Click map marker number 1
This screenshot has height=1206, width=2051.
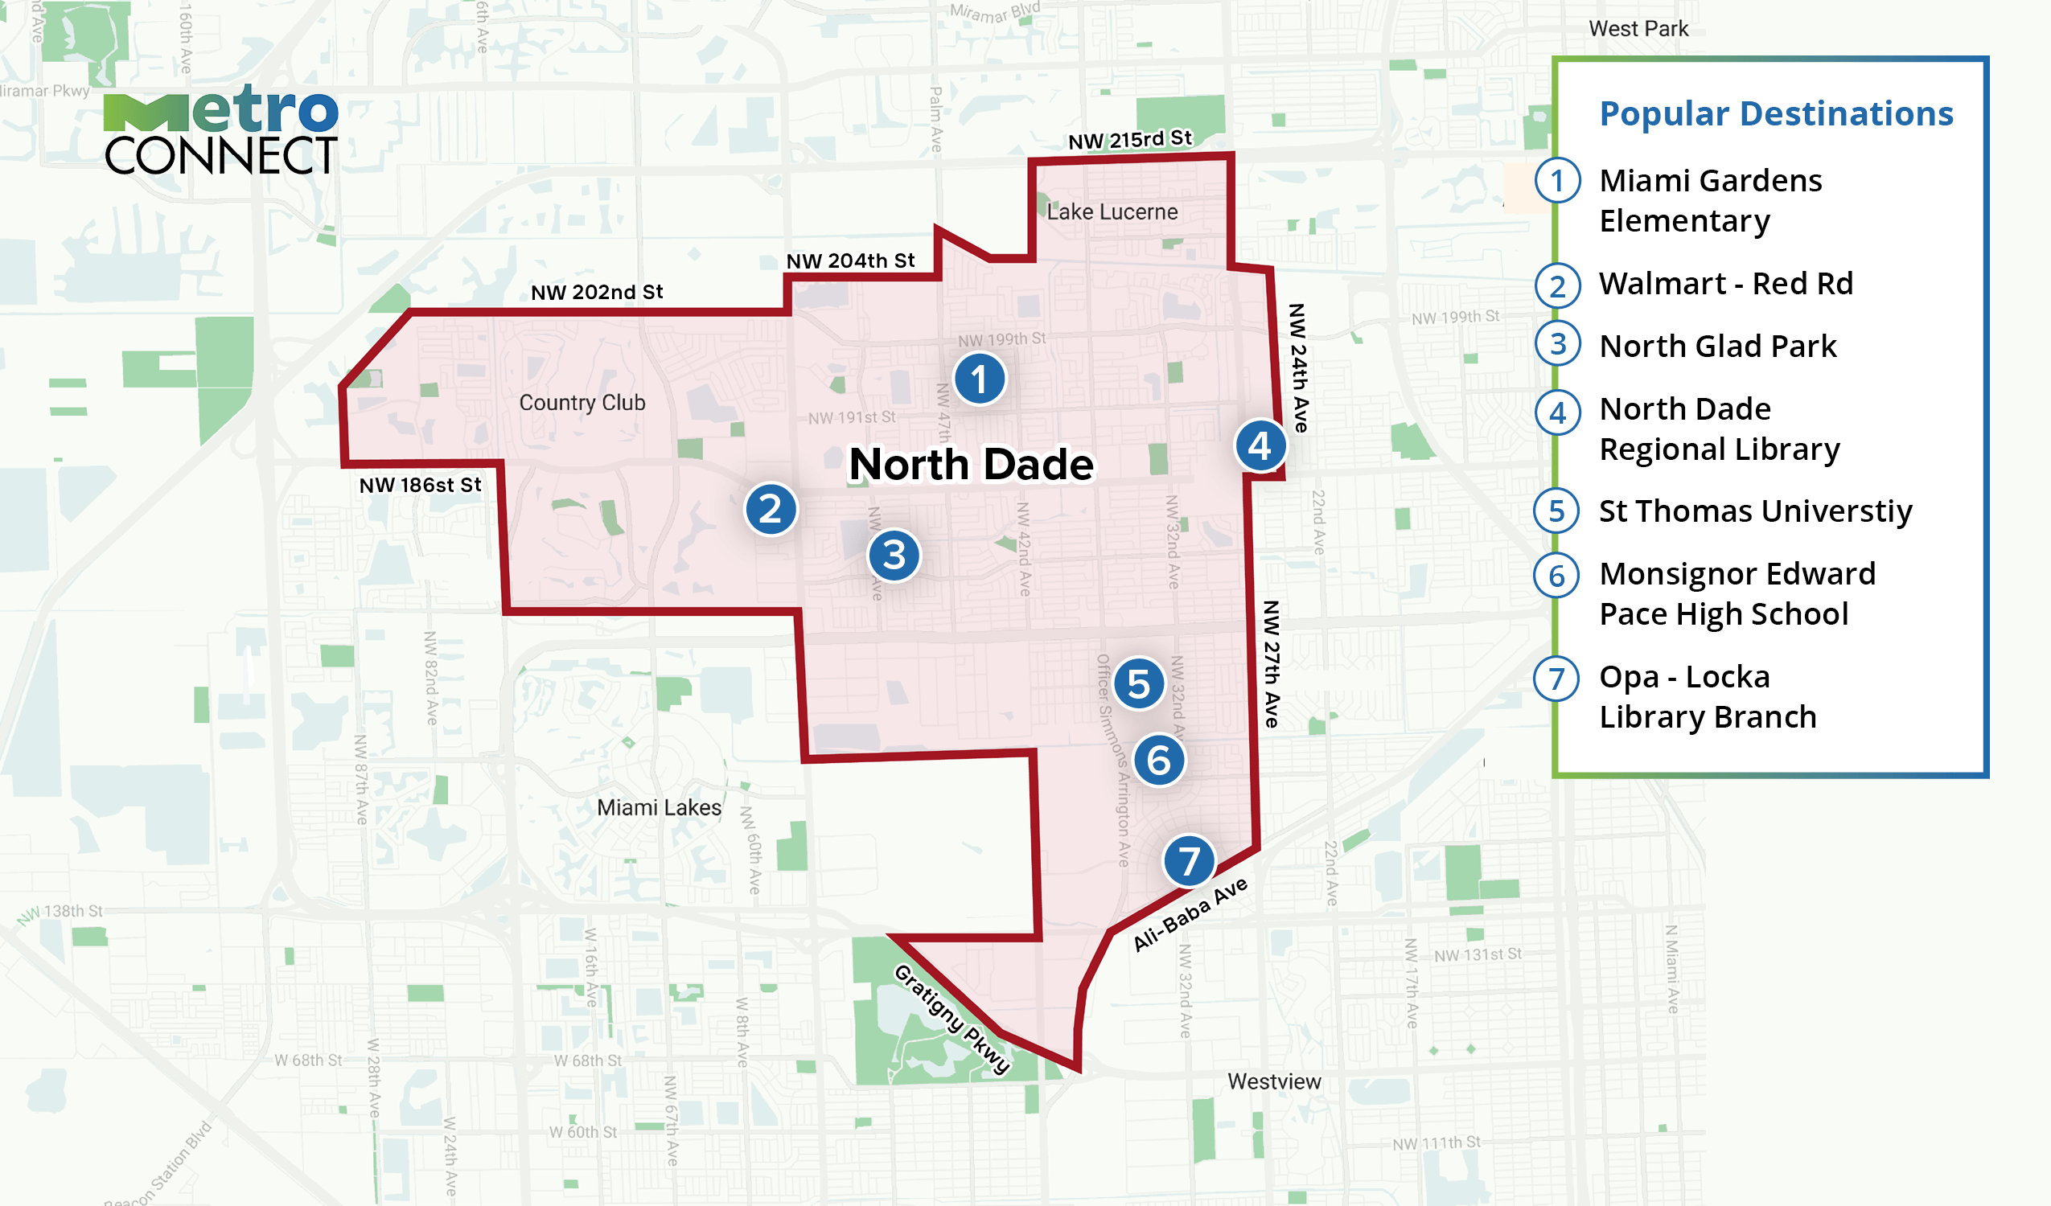coord(979,379)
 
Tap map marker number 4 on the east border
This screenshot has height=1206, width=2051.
coord(1260,446)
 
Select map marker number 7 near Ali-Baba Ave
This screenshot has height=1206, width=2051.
coord(1189,861)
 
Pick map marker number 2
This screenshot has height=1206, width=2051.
coord(771,511)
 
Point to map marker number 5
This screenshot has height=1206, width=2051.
coord(1139,684)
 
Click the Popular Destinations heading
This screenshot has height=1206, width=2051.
coord(1776,114)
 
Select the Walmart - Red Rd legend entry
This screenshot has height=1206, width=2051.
coord(1725,284)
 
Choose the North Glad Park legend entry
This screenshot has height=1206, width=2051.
coord(1717,347)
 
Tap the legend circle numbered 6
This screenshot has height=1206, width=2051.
coord(1557,576)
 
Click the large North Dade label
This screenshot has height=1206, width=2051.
coord(971,465)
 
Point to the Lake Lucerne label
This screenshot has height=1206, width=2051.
coord(1112,212)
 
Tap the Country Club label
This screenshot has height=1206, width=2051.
coord(582,403)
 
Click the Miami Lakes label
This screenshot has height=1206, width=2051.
coord(659,808)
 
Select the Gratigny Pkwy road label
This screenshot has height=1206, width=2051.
coord(952,1019)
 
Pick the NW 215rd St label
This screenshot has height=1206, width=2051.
coord(1130,140)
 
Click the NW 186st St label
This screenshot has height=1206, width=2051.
coord(420,486)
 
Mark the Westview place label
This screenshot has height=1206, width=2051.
coord(1274,1082)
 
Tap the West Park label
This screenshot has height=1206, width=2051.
coord(1638,29)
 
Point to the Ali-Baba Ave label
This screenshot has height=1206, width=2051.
coord(1190,914)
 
